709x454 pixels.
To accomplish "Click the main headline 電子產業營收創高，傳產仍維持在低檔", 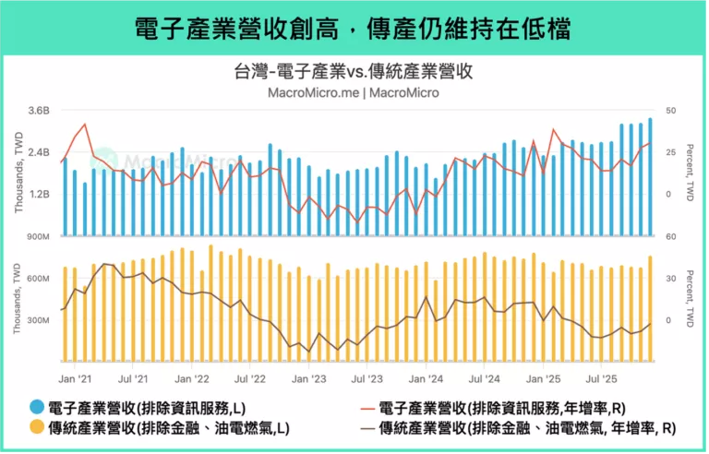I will tap(354, 28).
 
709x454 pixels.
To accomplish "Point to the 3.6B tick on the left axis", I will tap(38, 111).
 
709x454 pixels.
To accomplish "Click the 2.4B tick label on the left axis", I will tap(38, 152).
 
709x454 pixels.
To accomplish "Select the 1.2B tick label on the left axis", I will tap(38, 195).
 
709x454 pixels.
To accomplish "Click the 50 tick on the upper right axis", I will tap(670, 111).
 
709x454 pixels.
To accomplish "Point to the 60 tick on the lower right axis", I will tap(670, 237).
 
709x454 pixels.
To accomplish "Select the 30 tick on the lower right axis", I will tap(670, 279).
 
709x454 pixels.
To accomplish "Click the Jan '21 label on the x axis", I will tap(75, 378).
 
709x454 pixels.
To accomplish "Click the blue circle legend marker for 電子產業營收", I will tap(37, 408).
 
